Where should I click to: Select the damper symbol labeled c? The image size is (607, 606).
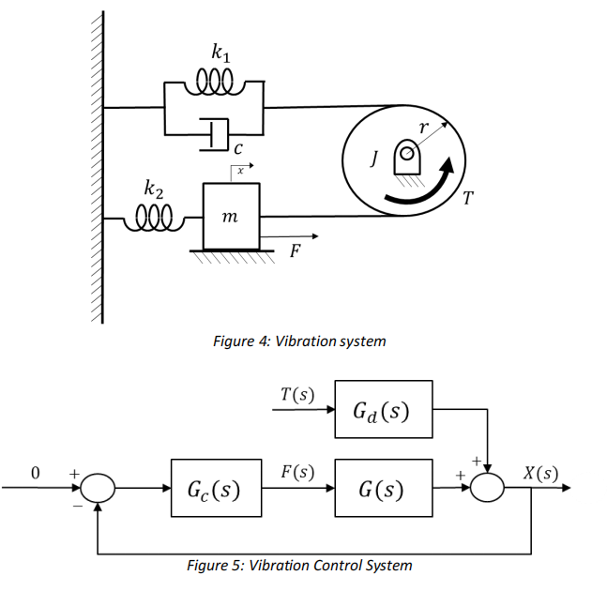[215, 134]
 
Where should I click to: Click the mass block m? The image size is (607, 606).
[231, 218]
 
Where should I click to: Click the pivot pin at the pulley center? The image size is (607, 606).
[405, 151]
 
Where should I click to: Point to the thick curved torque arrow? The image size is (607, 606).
[427, 188]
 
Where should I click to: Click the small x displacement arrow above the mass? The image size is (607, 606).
[241, 171]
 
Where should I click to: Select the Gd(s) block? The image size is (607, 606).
[383, 410]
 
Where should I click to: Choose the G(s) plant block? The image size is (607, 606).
[383, 489]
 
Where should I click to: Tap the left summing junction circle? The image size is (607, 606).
[98, 489]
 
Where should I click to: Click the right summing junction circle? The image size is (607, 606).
[487, 489]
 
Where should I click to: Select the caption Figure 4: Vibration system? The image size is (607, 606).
[299, 341]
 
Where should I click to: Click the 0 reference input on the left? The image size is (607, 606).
[37, 474]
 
